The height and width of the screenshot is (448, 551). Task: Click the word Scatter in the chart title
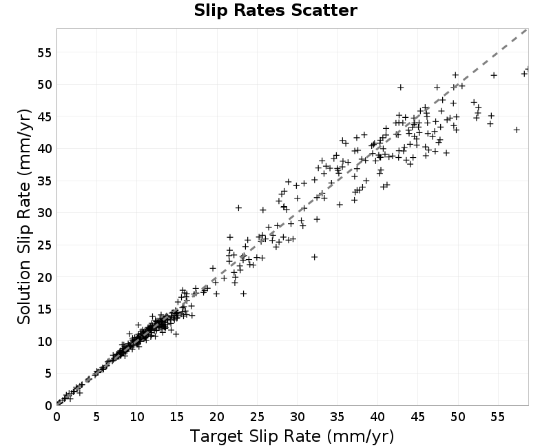click(x=324, y=10)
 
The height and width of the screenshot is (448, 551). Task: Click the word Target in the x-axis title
click(x=216, y=436)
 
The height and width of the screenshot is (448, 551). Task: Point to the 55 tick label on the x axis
click(x=497, y=417)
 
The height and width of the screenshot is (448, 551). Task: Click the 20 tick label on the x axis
click(x=217, y=417)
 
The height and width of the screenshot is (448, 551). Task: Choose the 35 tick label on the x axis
click(x=337, y=417)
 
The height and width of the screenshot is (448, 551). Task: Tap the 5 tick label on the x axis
click(x=96, y=417)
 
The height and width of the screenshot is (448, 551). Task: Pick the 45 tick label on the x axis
click(x=417, y=417)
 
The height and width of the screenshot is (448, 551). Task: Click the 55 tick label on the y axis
click(x=44, y=53)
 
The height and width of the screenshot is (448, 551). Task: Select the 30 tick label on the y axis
click(x=44, y=213)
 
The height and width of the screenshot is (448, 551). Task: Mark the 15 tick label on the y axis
click(x=44, y=309)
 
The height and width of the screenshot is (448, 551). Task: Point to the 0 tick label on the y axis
click(x=48, y=405)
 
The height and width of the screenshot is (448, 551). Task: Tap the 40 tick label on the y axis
click(x=44, y=149)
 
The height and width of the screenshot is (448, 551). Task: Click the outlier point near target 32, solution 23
click(x=315, y=257)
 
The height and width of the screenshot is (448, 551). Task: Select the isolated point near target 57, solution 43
click(x=517, y=130)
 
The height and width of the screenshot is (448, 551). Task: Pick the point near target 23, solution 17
click(x=243, y=294)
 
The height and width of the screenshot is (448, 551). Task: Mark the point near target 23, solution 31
click(x=238, y=208)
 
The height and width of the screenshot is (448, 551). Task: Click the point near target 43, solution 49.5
click(x=401, y=88)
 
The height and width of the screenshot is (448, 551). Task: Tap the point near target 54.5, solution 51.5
click(x=494, y=75)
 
